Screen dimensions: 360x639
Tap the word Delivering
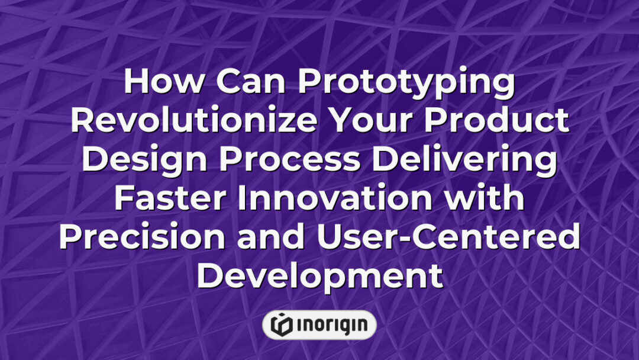[x=466, y=161]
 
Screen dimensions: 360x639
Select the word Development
[x=319, y=277]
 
